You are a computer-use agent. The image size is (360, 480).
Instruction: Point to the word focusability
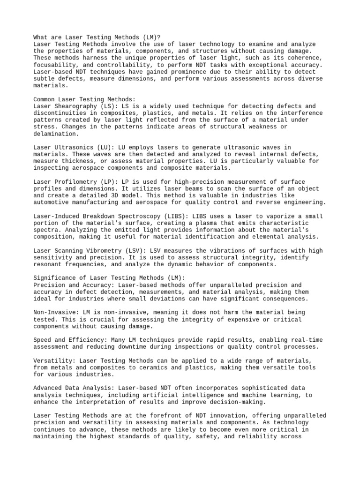pos(55,65)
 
